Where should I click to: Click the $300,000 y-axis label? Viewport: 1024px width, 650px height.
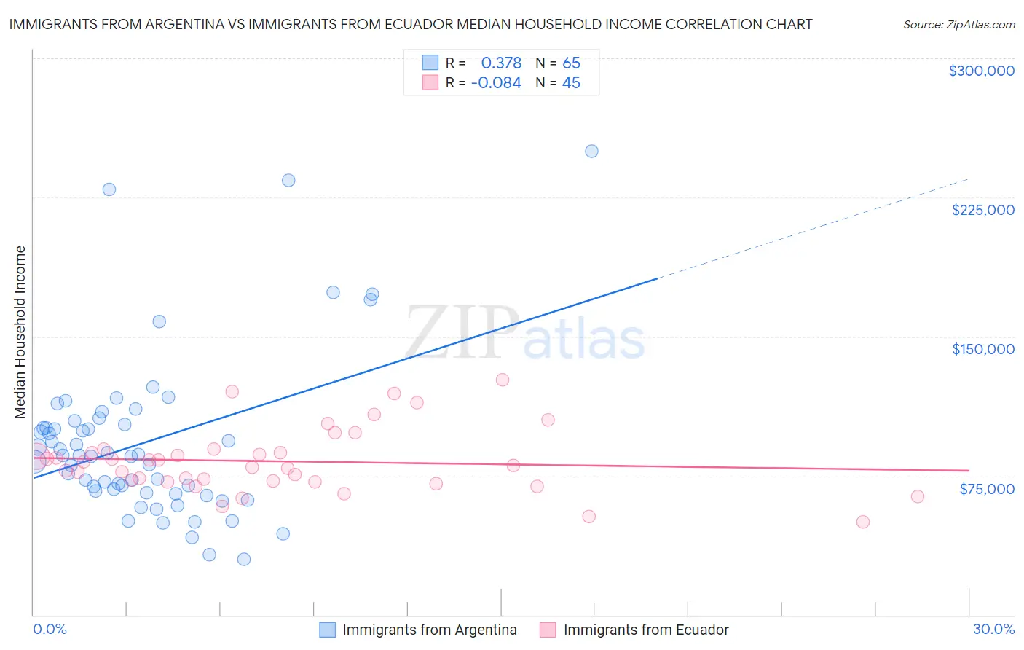coord(981,71)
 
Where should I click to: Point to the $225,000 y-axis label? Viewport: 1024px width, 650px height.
coord(982,210)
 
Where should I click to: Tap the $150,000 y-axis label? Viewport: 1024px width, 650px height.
coord(982,349)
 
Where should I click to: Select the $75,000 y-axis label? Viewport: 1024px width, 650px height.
coord(986,489)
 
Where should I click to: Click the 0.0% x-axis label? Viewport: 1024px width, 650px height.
coord(50,629)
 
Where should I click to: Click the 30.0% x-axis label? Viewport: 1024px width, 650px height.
coord(993,629)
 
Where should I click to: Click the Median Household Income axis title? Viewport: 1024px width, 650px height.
coord(20,332)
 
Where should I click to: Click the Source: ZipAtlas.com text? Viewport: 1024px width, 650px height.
coord(958,24)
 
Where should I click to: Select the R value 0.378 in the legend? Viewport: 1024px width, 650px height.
coord(501,63)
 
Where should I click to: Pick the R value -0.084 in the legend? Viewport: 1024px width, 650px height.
coord(496,83)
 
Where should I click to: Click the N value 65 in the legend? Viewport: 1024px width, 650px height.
coord(571,63)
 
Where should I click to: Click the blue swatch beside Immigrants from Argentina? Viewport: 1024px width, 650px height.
coord(328,630)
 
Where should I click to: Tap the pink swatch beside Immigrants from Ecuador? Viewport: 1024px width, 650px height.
coord(548,630)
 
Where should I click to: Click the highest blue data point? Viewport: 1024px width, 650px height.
coord(591,152)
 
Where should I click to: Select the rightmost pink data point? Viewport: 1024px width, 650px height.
coord(918,496)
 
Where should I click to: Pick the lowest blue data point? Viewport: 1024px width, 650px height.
coord(244,559)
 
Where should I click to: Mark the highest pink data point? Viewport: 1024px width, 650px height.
coord(502,380)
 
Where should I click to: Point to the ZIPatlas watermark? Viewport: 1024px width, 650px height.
coord(525,334)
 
